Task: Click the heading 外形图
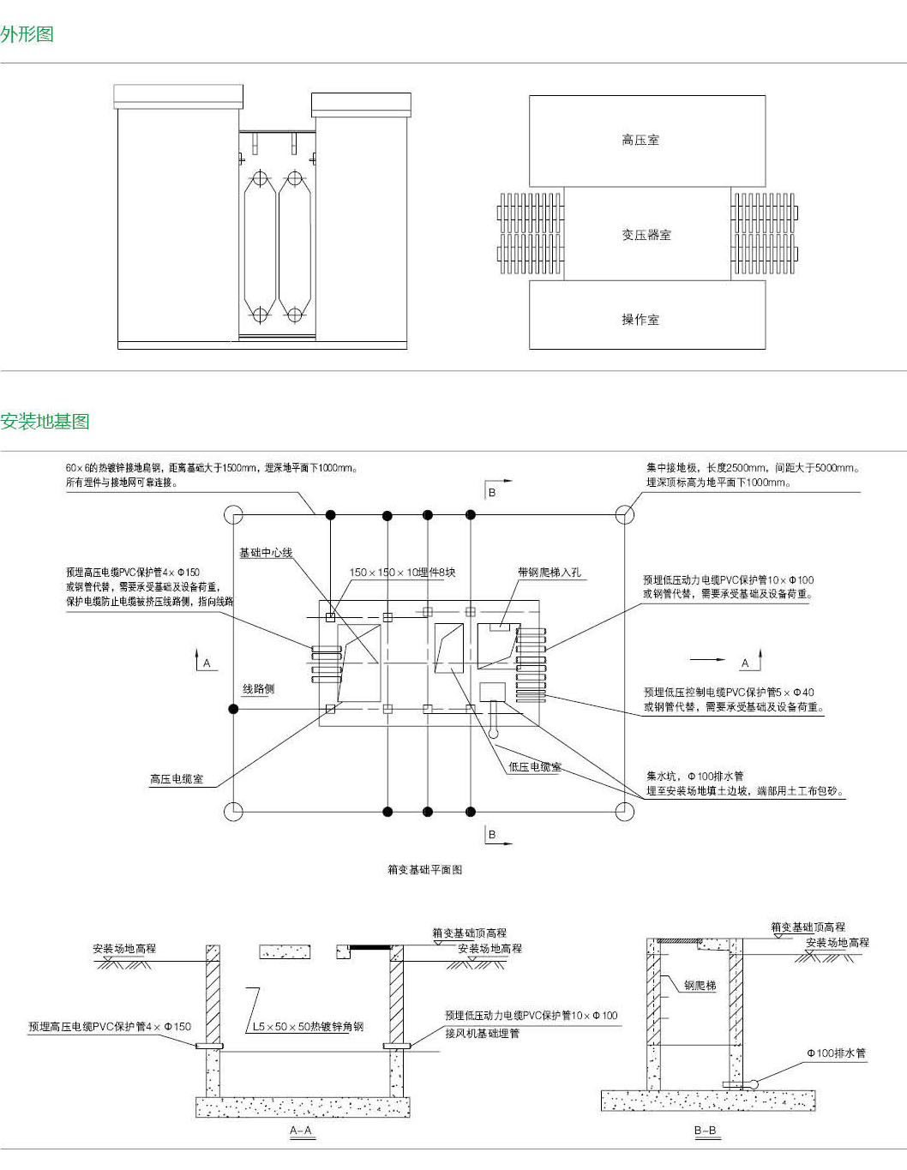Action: click(x=27, y=34)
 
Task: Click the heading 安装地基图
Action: click(x=45, y=421)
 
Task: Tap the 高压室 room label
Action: click(x=640, y=140)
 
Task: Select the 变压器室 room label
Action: click(x=646, y=235)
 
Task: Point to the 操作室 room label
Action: click(x=640, y=320)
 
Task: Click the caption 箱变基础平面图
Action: click(x=424, y=869)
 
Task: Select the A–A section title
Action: click(x=301, y=1131)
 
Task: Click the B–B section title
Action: click(x=705, y=1131)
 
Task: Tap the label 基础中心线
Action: click(x=266, y=553)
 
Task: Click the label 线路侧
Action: click(x=258, y=688)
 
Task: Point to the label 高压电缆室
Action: click(x=177, y=779)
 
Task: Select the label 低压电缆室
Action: click(x=535, y=767)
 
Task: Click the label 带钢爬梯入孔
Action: click(x=550, y=573)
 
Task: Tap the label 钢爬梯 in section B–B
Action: click(x=700, y=986)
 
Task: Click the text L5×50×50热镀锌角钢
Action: click(x=309, y=1026)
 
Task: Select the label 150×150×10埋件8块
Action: click(x=402, y=573)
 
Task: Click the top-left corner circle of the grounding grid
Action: click(x=233, y=514)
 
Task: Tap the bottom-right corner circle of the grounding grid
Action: click(x=625, y=811)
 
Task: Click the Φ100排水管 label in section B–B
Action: click(x=836, y=1053)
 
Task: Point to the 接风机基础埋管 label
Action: click(x=482, y=1033)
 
